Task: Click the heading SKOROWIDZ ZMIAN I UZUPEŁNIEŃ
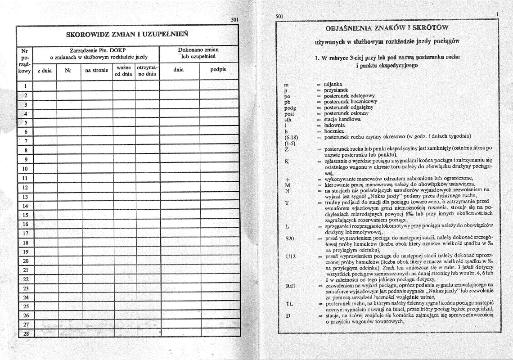tap(127, 34)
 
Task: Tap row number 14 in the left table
tap(25, 206)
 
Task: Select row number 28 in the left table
tap(25, 333)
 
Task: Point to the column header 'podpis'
tap(218, 70)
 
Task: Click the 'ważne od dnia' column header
tap(123, 70)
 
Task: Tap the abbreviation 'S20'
tap(290, 238)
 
